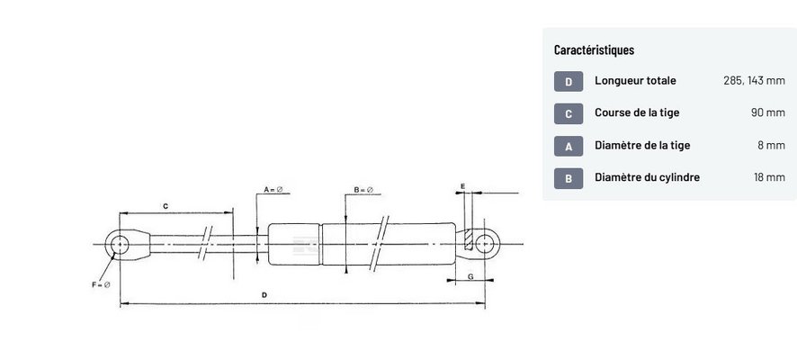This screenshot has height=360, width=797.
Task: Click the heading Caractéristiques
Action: pos(594,50)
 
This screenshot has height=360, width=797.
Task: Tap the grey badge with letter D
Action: pos(569,81)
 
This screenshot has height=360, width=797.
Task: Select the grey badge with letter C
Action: pos(569,114)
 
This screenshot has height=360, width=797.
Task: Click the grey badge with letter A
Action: pos(569,147)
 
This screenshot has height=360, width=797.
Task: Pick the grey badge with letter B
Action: pos(569,178)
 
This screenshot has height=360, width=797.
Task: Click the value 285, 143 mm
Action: pos(755,80)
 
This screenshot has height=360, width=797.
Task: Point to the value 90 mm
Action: pos(768,112)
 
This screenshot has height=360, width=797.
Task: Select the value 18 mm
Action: pos(769,177)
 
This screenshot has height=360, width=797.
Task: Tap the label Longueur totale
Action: pos(635,80)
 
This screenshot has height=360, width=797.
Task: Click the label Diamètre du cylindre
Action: pos(647,177)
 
